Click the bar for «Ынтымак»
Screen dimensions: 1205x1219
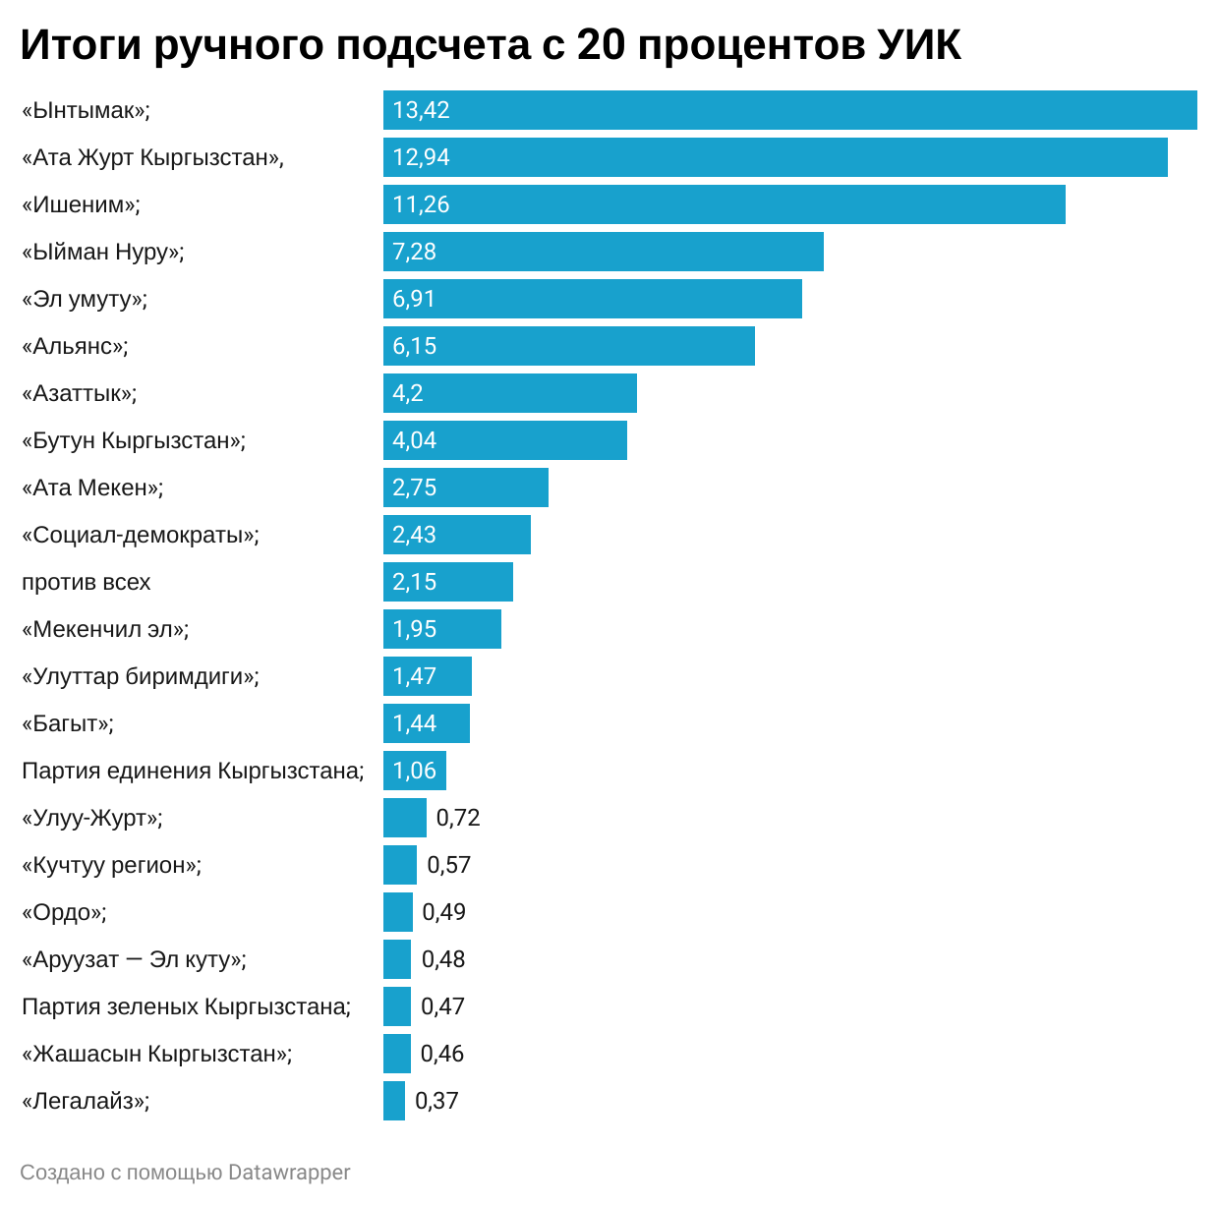pyautogui.click(x=789, y=110)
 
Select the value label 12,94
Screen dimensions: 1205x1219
pyautogui.click(x=421, y=157)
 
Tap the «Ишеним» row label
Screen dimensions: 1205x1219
pyautogui.click(x=81, y=204)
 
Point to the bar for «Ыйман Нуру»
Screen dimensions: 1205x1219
pyautogui.click(x=603, y=252)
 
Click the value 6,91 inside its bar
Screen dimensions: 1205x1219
pyautogui.click(x=414, y=299)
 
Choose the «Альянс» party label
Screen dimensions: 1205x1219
pyautogui.click(x=75, y=346)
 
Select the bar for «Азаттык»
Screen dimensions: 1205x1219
pyautogui.click(x=509, y=393)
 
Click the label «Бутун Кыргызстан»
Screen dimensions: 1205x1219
pyautogui.click(x=134, y=440)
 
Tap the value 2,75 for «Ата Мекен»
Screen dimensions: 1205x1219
pyautogui.click(x=414, y=488)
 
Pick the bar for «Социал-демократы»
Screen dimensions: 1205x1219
pyautogui.click(x=456, y=535)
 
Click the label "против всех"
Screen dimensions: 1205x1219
pyautogui.click(x=87, y=582)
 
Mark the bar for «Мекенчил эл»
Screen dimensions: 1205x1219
pyautogui.click(x=441, y=629)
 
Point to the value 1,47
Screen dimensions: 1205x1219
pyautogui.click(x=414, y=676)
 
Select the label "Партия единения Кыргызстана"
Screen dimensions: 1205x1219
pyautogui.click(x=193, y=771)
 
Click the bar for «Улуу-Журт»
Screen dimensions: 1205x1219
pyautogui.click(x=404, y=818)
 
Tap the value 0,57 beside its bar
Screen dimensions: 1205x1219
pyautogui.click(x=449, y=865)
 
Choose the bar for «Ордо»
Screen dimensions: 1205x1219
pyautogui.click(x=397, y=912)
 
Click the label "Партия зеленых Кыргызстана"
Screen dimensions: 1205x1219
pyautogui.click(x=186, y=1006)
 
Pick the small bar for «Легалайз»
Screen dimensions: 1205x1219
pyautogui.click(x=393, y=1101)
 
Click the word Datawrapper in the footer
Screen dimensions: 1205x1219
pyautogui.click(x=289, y=1173)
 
